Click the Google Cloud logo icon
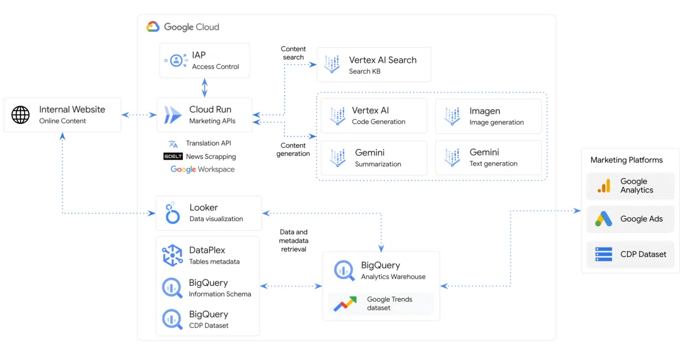point(153,27)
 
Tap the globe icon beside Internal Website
point(21,115)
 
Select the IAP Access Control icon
point(177,61)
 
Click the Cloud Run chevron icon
point(173,115)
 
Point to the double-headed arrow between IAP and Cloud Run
point(205,87)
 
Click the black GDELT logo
point(173,157)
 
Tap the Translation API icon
point(173,143)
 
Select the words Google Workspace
point(202,169)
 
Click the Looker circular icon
point(173,213)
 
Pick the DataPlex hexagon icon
point(173,255)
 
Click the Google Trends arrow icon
point(345,303)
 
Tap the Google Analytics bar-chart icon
point(604,186)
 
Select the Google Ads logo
point(603,218)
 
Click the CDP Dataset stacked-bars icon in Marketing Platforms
point(604,254)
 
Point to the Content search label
point(293,53)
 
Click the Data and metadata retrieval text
point(293,241)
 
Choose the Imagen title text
point(485,111)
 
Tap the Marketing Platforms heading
point(627,160)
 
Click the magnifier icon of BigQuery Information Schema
point(173,288)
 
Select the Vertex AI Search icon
point(332,64)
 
